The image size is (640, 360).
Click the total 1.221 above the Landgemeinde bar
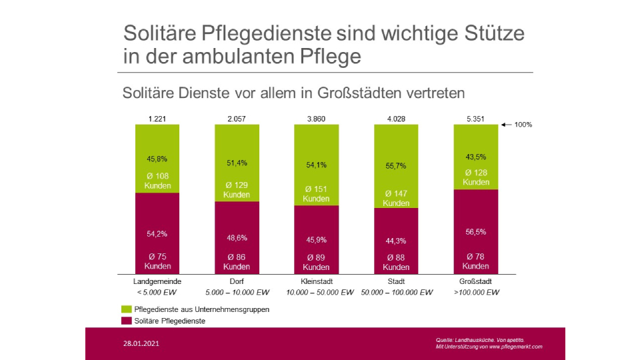(157, 119)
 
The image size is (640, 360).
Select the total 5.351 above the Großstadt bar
(475, 119)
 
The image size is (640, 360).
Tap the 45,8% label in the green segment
(157, 159)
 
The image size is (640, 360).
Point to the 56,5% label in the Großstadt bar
(475, 233)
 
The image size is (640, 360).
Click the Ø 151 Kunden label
(316, 193)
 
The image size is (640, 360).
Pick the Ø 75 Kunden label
(157, 261)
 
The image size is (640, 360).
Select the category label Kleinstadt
(316, 281)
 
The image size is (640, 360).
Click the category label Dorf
(237, 281)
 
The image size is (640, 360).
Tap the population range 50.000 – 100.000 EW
(395, 292)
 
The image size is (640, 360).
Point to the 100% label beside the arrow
(523, 125)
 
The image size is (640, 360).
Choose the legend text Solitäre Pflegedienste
(169, 321)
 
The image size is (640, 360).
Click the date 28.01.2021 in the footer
(141, 345)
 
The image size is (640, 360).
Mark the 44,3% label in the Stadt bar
(395, 241)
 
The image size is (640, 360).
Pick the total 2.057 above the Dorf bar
(237, 119)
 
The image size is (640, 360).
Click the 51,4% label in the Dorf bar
(237, 163)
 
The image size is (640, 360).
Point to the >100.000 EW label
(475, 292)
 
